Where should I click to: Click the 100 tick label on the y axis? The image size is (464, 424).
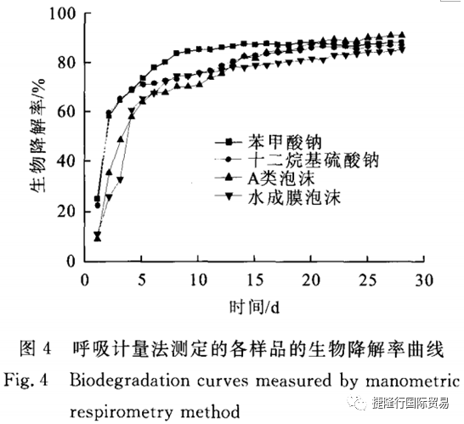pos(62,14)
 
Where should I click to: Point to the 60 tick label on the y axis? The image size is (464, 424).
pos(66,112)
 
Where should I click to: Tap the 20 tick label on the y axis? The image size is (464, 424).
pos(66,212)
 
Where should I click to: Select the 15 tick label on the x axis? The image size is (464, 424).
pos(255,280)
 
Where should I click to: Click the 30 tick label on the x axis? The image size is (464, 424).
pos(424,280)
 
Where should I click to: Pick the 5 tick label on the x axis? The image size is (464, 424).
pos(142,280)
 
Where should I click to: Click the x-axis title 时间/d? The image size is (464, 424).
pos(254,308)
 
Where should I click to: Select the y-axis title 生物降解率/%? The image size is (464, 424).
pos(37,135)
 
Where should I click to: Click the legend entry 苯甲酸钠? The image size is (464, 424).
pos(285,142)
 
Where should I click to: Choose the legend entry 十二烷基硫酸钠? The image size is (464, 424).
pos(314,161)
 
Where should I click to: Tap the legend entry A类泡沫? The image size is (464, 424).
pos(281,178)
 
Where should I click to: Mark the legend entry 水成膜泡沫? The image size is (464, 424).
pos(294,197)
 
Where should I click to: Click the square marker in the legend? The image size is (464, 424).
pos(229,143)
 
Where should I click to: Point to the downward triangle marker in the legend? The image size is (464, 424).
pos(229,195)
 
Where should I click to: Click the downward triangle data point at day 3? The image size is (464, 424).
pos(120,179)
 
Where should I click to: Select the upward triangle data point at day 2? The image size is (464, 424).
pos(109,172)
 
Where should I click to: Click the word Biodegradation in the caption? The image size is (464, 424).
pos(130,381)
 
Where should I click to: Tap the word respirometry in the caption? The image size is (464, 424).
pos(122,412)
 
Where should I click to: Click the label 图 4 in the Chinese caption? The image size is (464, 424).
pos(36,348)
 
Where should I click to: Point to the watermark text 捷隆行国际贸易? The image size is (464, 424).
pos(410,403)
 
